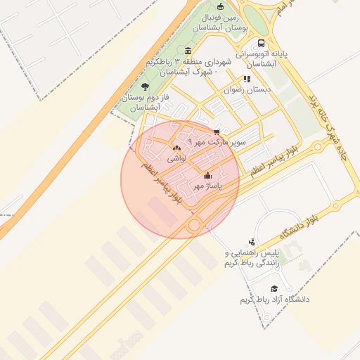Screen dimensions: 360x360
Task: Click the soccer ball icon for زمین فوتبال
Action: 220,6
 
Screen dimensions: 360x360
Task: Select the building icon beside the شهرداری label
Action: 188,51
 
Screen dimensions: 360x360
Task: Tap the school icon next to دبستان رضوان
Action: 247,79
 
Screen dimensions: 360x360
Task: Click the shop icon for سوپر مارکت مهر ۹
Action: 217,131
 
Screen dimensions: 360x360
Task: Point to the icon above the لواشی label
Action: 176,148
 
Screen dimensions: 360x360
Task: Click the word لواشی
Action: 176,160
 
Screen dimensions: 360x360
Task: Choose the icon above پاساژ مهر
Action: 207,175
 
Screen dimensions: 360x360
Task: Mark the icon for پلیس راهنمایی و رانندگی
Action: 252,241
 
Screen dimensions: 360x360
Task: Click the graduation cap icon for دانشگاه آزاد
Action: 274,288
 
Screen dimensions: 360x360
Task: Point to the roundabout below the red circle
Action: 195,224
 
